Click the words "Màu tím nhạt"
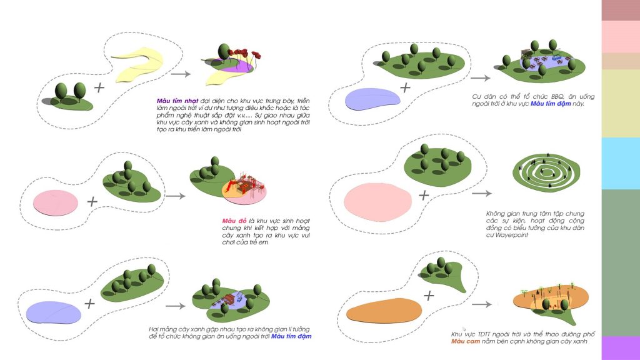point(177,101)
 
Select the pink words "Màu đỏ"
point(234,221)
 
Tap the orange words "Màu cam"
point(465,341)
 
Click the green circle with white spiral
point(546,172)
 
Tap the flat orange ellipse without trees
point(384,311)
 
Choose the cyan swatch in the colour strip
point(621,163)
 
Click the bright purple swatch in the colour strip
point(621,347)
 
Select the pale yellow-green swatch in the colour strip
point(621,103)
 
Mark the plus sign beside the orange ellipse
point(429,296)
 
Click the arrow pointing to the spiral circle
point(482,194)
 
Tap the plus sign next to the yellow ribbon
point(99,87)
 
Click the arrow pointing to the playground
point(176,196)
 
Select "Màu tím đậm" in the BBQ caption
point(551,104)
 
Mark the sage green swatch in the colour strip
point(621,262)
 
